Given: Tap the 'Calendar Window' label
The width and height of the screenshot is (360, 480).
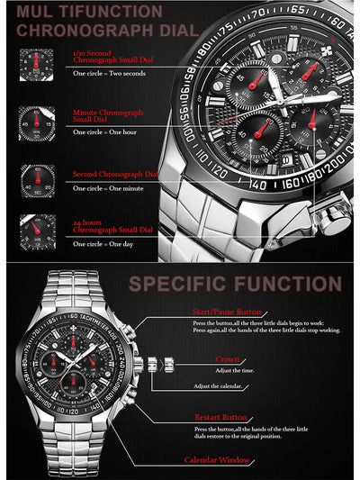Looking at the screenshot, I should tap(216, 460).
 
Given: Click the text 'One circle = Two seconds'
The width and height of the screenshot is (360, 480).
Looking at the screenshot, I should tap(110, 72).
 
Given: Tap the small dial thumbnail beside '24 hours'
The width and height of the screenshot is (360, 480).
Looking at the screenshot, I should tap(37, 231).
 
